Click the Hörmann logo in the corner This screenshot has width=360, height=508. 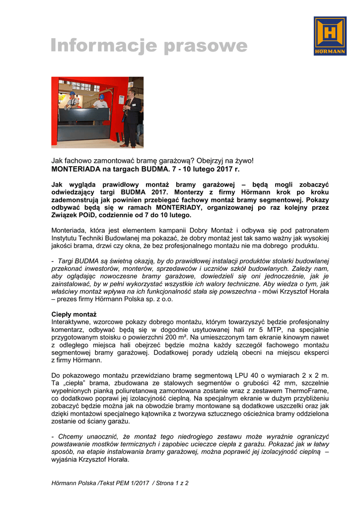pos(330,36)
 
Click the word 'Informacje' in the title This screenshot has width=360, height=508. pos(104,47)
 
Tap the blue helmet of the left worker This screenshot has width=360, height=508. pos(72,93)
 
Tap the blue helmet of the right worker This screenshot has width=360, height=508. pos(102,96)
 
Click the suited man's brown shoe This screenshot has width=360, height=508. pos(124,145)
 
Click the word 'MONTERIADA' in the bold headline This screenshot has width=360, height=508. pos(77,169)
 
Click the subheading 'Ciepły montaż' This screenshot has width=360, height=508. pos(74,314)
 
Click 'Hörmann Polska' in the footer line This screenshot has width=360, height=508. pos(74,483)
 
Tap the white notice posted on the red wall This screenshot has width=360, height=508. pos(131,84)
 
